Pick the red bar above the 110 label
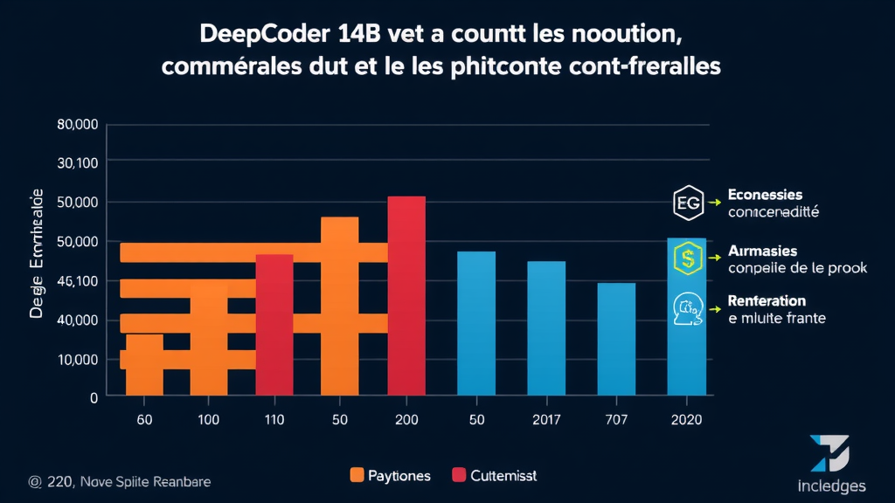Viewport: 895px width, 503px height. point(274,324)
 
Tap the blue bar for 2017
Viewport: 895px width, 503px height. point(546,328)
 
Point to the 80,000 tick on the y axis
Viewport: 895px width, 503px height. point(78,124)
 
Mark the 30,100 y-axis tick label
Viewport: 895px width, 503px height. point(78,163)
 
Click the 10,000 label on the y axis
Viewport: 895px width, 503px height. point(78,359)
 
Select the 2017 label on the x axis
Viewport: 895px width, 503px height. point(547,420)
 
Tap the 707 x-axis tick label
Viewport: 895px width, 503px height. point(616,420)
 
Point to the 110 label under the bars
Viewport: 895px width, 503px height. point(274,420)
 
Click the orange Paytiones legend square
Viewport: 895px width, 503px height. point(357,475)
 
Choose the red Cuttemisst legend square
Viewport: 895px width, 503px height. point(459,475)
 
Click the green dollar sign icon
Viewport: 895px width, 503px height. point(688,258)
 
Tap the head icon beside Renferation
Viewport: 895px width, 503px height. point(688,310)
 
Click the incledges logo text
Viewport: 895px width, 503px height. point(832,486)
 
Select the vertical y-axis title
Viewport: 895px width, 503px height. point(37,262)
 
